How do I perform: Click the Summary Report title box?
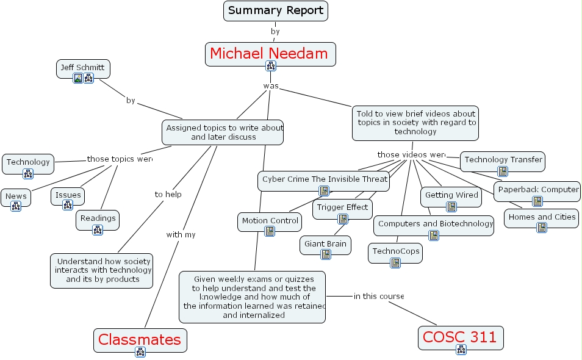(276, 10)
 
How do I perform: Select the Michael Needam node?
(269, 54)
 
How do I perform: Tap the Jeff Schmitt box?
(82, 67)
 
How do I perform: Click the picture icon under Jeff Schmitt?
(77, 78)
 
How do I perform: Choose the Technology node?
(28, 162)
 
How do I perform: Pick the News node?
(16, 196)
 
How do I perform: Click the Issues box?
(68, 195)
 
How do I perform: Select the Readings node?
(98, 218)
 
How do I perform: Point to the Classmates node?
(140, 339)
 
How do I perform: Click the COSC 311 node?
(461, 336)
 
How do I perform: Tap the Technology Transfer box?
(503, 160)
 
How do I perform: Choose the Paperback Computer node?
(537, 190)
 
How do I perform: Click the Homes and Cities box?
(541, 217)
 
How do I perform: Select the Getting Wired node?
(451, 195)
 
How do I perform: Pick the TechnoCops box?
(395, 251)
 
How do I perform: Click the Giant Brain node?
(325, 244)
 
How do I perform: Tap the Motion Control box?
(270, 221)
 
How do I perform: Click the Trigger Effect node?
(342, 207)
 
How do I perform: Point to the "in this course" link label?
(378, 297)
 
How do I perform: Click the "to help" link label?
(168, 195)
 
